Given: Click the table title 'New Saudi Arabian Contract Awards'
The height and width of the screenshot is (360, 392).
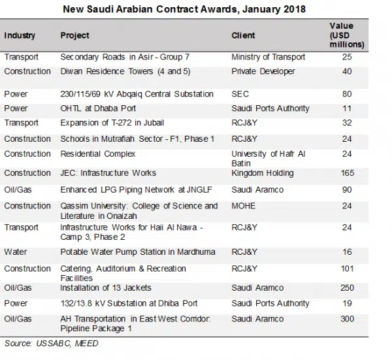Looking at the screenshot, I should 184,10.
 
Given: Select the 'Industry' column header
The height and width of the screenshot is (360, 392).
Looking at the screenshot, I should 20,35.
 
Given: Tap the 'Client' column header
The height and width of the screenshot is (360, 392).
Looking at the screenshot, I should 243,35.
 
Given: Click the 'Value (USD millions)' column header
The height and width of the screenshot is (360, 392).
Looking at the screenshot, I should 347,35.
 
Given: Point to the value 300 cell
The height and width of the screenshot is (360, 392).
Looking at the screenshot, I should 347,319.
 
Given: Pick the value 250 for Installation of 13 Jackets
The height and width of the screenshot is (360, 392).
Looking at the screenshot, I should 347,287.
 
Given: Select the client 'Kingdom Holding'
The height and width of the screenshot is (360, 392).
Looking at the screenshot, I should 263,173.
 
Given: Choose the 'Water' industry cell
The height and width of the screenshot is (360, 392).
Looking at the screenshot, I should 16,252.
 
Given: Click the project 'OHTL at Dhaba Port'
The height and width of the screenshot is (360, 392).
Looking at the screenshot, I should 98,108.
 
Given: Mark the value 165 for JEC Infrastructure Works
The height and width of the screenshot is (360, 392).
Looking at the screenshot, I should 347,173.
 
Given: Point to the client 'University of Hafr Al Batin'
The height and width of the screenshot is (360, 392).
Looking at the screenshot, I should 268,158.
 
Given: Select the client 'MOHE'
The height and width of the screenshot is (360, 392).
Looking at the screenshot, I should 243,206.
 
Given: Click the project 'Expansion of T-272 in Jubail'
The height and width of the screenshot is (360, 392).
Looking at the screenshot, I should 112,123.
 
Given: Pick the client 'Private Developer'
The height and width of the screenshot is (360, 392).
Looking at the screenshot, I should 263,71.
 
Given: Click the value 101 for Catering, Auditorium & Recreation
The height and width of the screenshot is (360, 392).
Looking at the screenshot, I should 347,269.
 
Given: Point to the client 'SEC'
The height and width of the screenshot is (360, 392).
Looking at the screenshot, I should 240,94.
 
